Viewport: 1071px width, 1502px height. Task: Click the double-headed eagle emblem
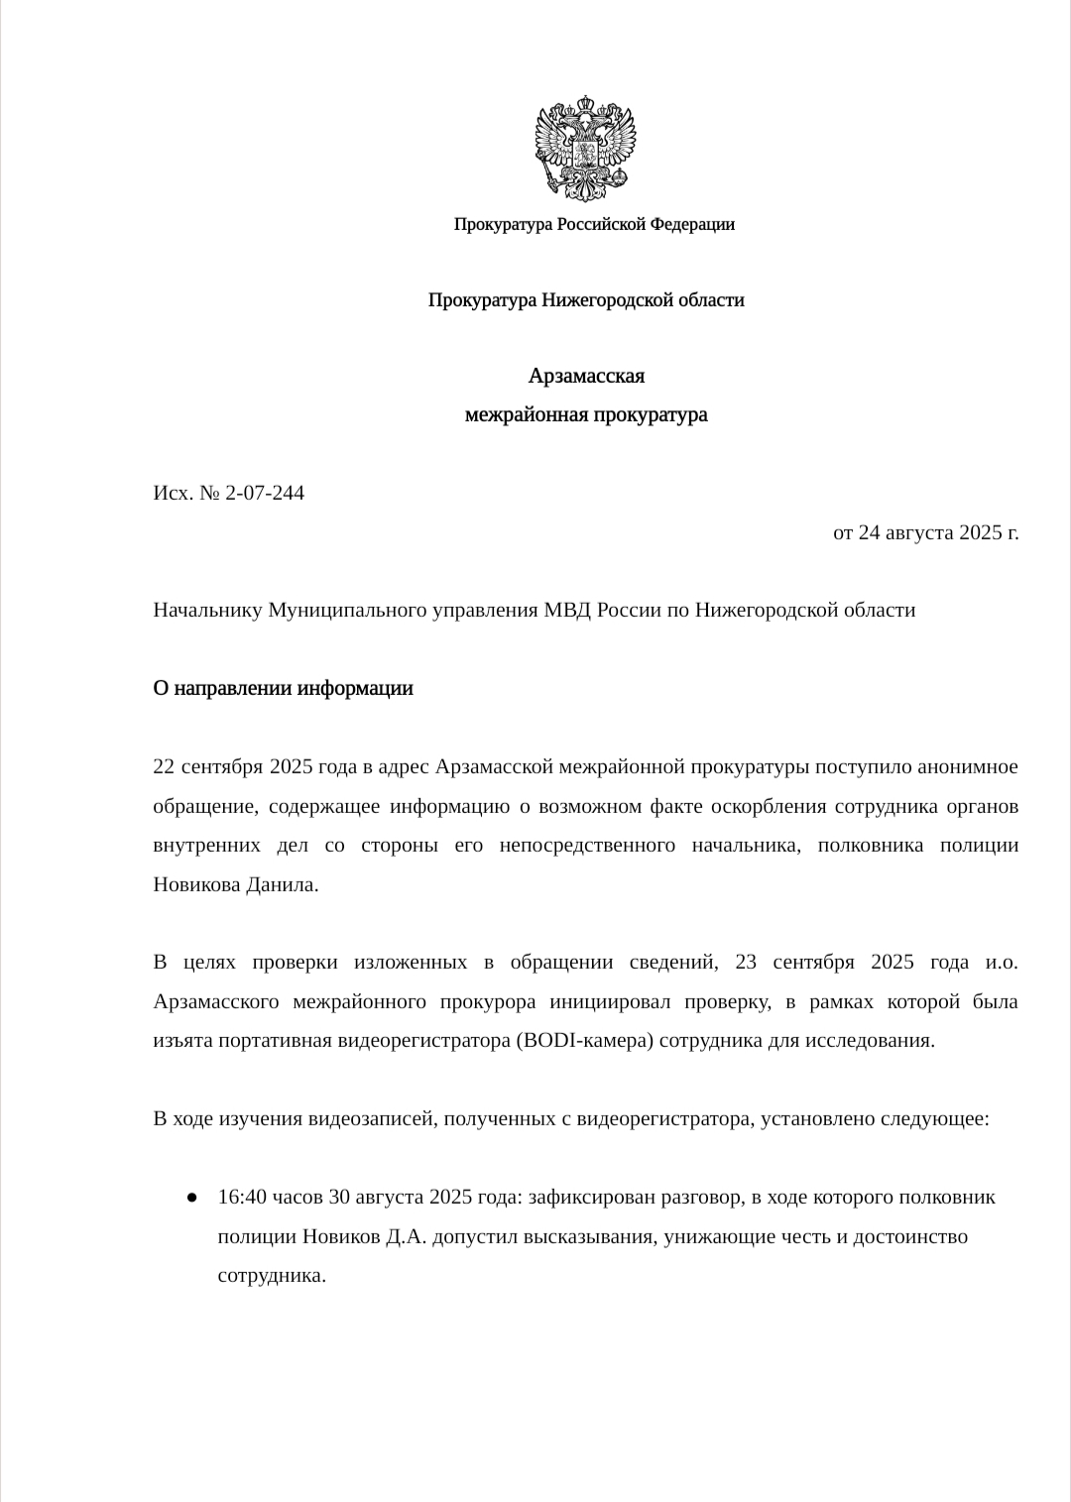[585, 147]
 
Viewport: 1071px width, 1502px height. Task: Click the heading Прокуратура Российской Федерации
[594, 224]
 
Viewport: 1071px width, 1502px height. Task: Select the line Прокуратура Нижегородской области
[586, 299]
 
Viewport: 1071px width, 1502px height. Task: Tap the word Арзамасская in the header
[586, 376]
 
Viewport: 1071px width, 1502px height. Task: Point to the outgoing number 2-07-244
[265, 493]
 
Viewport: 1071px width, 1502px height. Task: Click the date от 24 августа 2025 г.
[925, 532]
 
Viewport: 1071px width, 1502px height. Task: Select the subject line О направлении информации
[283, 688]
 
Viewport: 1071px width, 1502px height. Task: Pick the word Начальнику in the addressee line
[207, 610]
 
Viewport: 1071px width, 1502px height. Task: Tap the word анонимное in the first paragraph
[967, 766]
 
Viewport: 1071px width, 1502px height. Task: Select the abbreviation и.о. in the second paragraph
[1002, 963]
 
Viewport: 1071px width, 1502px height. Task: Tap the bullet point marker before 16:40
[190, 1198]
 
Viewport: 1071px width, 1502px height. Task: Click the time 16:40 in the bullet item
[242, 1198]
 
